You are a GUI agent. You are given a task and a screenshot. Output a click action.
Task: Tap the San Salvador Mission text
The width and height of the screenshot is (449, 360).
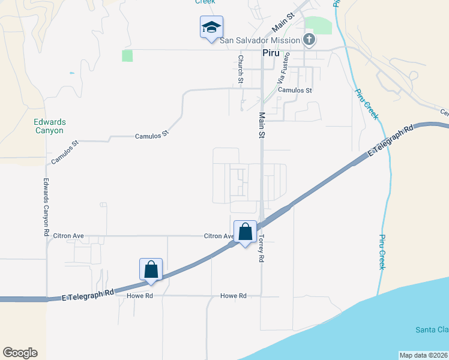point(259,40)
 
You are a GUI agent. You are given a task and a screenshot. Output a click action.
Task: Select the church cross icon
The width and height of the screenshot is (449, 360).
point(309,40)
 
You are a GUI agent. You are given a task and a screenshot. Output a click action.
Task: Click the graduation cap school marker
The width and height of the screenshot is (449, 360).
point(211,27)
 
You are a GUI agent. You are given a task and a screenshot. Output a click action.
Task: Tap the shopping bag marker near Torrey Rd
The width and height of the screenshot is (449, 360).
point(245,232)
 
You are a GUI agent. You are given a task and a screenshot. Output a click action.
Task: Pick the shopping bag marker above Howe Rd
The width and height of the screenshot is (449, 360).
point(151,269)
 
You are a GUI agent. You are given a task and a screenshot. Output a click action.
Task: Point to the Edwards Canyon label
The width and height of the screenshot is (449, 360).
point(49,126)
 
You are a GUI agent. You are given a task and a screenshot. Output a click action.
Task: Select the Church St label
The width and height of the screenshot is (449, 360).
point(241,68)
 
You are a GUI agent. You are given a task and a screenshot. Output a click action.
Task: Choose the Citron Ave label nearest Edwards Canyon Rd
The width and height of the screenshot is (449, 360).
point(68,236)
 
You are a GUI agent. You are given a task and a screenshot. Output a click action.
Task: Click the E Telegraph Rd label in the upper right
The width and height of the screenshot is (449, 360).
point(390,142)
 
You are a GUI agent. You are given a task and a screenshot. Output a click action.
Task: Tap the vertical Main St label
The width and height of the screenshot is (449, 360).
point(262,125)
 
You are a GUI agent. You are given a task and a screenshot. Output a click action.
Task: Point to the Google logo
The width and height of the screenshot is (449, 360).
point(20,353)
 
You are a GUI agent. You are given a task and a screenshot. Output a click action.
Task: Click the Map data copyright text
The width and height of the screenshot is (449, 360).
point(424,355)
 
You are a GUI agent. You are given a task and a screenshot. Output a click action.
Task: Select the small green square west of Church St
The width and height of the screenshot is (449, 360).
point(127,56)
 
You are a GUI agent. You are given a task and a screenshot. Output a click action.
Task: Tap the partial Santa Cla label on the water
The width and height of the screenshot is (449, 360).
point(432,330)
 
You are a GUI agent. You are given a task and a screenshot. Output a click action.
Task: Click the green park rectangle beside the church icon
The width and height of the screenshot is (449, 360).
point(318,26)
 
